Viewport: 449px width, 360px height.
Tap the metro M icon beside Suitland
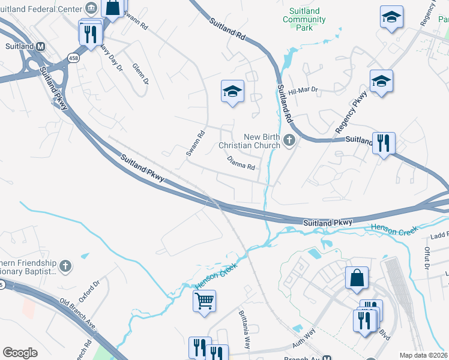coord(41,46)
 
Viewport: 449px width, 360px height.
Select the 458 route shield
coord(73,58)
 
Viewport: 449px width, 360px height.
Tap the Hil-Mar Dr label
coord(303,91)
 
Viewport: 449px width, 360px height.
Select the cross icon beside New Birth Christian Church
coord(289,141)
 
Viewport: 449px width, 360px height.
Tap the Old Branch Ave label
coord(78,314)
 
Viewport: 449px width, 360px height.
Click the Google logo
coord(20,353)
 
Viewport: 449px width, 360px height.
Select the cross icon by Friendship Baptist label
coord(66,265)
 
